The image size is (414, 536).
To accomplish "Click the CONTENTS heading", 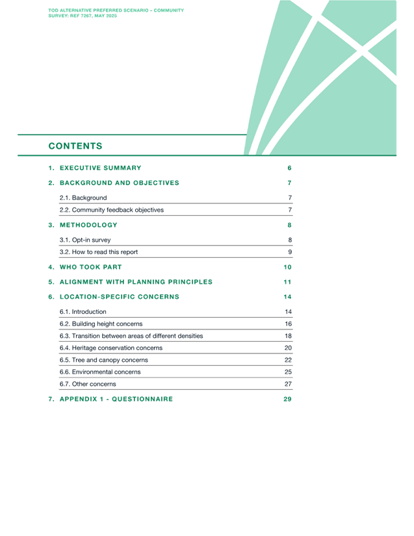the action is [75, 146].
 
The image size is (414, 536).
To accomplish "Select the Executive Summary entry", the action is [101, 168].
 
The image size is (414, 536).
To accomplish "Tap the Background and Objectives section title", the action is [120, 183].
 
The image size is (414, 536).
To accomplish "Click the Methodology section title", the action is [88, 225].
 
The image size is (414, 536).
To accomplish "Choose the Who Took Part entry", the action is [90, 267].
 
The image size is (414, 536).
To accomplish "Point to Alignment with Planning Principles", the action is [136, 282].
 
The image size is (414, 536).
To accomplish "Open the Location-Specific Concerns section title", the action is [120, 297].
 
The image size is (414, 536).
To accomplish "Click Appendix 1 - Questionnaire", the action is [116, 399].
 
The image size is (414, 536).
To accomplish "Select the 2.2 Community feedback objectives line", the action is [111, 210].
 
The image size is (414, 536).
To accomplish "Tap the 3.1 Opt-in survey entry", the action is [85, 240].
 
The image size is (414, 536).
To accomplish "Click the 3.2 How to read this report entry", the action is [98, 252].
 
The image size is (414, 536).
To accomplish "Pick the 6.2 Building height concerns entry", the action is [101, 324].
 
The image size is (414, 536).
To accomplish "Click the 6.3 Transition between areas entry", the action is [131, 336].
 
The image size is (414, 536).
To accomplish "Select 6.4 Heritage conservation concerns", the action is [111, 348].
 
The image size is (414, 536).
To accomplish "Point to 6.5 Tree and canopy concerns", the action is [103, 360].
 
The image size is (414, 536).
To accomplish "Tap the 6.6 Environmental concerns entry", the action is [100, 372].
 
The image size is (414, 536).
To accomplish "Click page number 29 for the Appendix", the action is [287, 399].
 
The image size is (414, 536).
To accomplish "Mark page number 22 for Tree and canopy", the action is [288, 360].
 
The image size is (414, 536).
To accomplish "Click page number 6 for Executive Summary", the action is [290, 168].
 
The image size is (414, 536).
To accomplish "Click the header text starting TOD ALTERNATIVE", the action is [116, 13].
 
